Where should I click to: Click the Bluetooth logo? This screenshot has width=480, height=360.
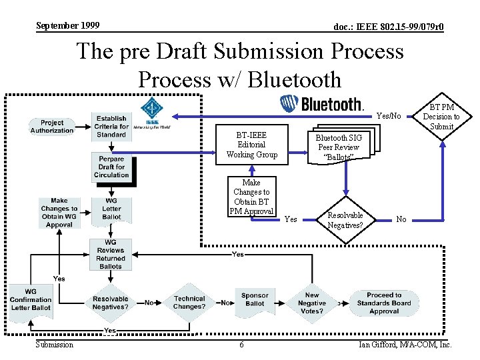pos(321,104)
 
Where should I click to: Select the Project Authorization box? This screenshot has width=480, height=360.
pos(52,126)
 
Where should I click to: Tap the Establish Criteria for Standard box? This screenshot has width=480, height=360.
pos(111,126)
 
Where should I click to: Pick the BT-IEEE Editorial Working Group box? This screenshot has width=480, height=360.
pos(251,145)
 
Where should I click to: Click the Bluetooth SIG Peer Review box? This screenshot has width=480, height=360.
pos(339,147)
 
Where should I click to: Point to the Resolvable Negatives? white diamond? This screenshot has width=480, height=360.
pos(345,220)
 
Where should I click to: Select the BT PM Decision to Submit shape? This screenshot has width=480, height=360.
pos(441,116)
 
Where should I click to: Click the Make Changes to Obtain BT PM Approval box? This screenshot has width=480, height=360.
pos(251,197)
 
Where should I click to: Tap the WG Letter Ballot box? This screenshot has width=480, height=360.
pos(111,209)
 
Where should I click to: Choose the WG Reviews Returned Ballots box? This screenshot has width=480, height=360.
pos(111,254)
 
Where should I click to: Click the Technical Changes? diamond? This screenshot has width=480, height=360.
pos(189,303)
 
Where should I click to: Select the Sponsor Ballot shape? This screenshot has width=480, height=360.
pos(255,300)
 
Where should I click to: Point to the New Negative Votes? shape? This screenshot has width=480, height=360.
pos(312,303)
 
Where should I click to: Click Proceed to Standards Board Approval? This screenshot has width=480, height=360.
pos(384,303)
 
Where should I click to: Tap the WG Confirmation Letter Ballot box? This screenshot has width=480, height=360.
pos(31,300)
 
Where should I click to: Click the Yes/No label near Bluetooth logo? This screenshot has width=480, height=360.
pos(389,116)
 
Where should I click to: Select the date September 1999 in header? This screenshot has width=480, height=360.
pos(67,26)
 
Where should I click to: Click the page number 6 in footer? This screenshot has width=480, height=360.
pos(241,345)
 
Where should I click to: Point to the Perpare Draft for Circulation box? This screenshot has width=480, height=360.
pos(111,167)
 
